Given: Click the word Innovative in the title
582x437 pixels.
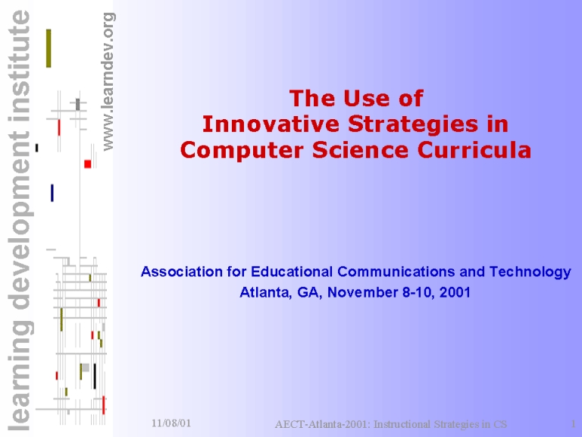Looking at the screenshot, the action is tap(271, 124).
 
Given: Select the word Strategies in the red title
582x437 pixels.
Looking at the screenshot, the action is tap(413, 125).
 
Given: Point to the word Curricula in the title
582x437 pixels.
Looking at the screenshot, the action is tap(474, 150).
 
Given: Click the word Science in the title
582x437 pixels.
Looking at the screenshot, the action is tap(361, 150).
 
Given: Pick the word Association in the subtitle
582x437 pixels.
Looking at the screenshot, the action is tap(182, 272).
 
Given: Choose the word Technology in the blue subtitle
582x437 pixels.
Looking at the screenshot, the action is tap(530, 272).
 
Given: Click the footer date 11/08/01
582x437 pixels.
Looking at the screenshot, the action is tap(171, 423).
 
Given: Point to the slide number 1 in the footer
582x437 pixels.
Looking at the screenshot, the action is tap(573, 423).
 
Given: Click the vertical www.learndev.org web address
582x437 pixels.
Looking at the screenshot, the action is tap(108, 82).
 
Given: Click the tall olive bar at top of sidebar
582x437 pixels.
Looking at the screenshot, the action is tap(48, 49).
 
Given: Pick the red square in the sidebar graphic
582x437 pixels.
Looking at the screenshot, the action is tap(88, 164).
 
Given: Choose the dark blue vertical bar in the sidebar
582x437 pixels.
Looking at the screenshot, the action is tap(52, 193).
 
